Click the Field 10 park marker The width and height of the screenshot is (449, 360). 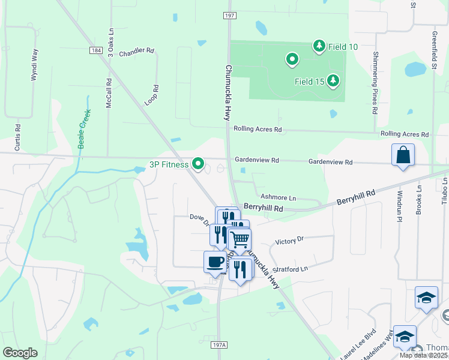pyautogui.click(x=319, y=46)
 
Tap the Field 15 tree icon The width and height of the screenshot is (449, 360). pyautogui.click(x=333, y=81)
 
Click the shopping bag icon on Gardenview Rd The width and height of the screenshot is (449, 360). pyautogui.click(x=403, y=155)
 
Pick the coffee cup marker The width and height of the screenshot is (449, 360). pyautogui.click(x=215, y=262)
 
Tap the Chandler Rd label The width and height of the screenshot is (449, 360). pyautogui.click(x=137, y=53)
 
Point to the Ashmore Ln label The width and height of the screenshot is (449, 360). pyautogui.click(x=278, y=197)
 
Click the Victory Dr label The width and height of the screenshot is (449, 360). pyautogui.click(x=289, y=240)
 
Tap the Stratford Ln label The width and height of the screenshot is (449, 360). pyautogui.click(x=290, y=269)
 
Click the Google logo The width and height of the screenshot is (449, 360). pyautogui.click(x=20, y=353)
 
